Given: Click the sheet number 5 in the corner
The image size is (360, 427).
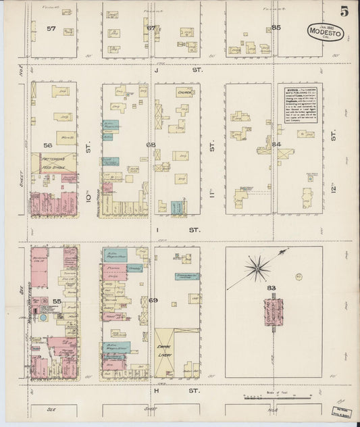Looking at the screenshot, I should tap(344, 11).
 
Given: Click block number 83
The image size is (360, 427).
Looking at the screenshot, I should tap(272, 288).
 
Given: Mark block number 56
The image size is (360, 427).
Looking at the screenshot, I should tap(48, 145).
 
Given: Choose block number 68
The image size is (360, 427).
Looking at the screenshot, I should tap(150, 145).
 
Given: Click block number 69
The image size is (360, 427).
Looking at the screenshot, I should tap(153, 299).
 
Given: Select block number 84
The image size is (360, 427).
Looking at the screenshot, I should tap(276, 144).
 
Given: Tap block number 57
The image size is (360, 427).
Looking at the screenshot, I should tap(51, 28).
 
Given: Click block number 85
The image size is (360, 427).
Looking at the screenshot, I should tap(276, 28).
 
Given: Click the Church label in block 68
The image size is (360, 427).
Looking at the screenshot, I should tap(185, 92).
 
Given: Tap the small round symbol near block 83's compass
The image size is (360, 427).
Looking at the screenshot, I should tap(298, 276).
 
